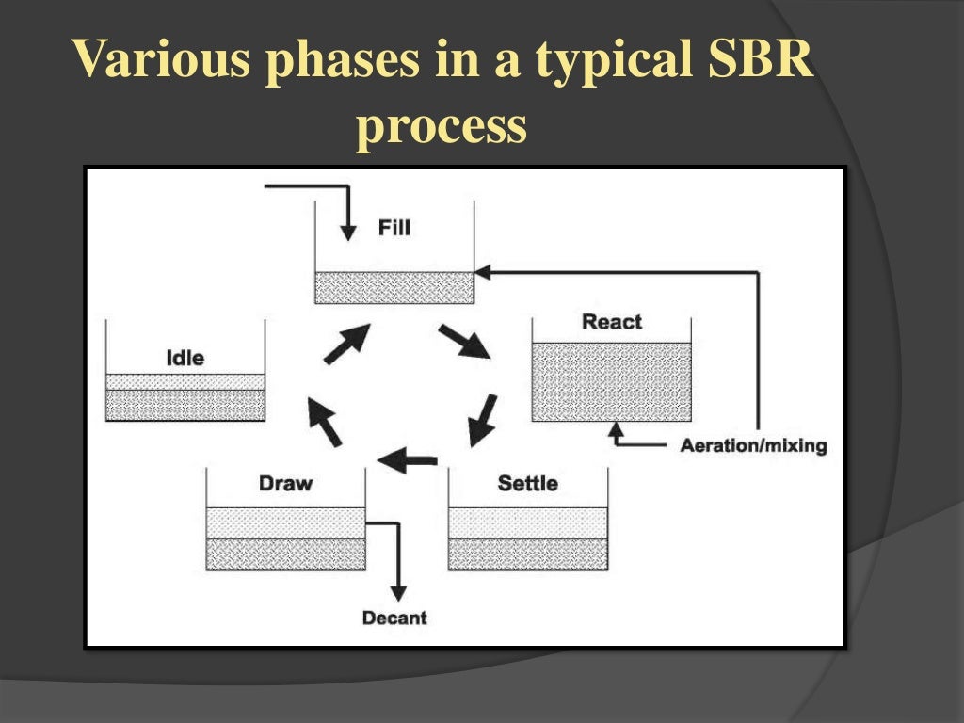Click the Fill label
coord(394,228)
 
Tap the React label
coord(612,322)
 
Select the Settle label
coord(527,484)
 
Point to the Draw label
coord(285,484)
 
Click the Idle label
coord(185,358)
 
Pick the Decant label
coord(394,619)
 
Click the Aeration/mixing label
coord(753,446)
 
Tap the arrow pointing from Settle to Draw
coord(407,460)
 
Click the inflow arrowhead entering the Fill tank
coord(348,232)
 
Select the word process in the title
coord(441,126)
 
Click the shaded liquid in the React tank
coord(612,381)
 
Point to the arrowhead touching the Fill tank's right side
coord(482,272)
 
